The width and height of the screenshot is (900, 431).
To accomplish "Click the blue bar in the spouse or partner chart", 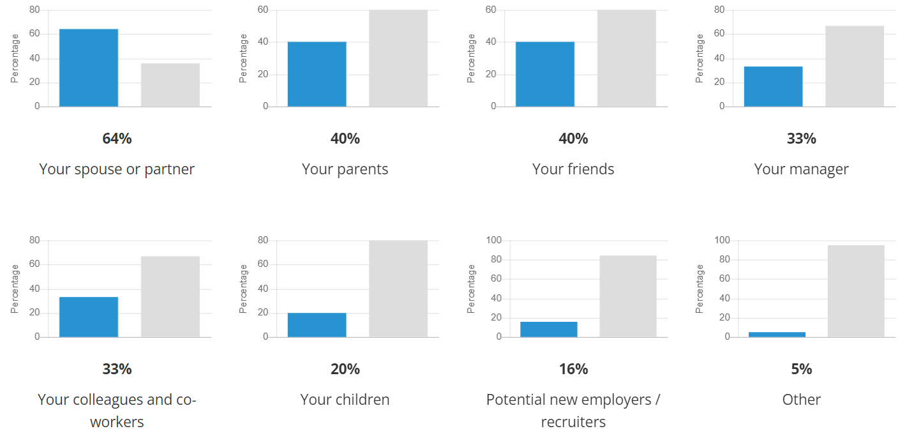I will (89, 68).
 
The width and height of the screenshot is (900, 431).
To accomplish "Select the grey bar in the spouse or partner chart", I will (170, 85).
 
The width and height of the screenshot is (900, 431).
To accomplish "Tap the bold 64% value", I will (117, 139).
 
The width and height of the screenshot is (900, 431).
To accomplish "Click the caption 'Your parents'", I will (345, 169).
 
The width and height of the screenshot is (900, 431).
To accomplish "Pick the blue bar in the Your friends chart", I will (545, 74).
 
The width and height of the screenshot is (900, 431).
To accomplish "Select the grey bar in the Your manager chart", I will (855, 66).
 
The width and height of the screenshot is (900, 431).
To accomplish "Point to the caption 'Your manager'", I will (801, 169).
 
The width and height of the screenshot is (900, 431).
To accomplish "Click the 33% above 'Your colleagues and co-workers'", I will (117, 369).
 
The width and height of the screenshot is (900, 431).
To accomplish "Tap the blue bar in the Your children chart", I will (317, 325).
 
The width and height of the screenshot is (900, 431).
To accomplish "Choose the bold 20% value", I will (345, 369).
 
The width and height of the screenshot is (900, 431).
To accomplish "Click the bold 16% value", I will (573, 369).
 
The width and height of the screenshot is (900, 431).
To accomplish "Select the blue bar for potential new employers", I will (549, 329).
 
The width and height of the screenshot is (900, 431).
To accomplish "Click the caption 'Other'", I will (801, 400).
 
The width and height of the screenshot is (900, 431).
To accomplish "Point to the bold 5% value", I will (801, 369).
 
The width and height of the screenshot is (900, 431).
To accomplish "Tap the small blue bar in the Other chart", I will (777, 334).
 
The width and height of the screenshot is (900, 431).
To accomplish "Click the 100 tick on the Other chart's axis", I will (722, 241).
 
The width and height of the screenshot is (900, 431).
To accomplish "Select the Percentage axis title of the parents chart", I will (243, 58).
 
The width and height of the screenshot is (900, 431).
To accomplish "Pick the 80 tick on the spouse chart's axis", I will (34, 10).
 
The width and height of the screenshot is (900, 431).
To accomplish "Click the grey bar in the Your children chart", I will (398, 289).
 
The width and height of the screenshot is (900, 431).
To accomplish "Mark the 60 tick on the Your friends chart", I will (491, 10).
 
